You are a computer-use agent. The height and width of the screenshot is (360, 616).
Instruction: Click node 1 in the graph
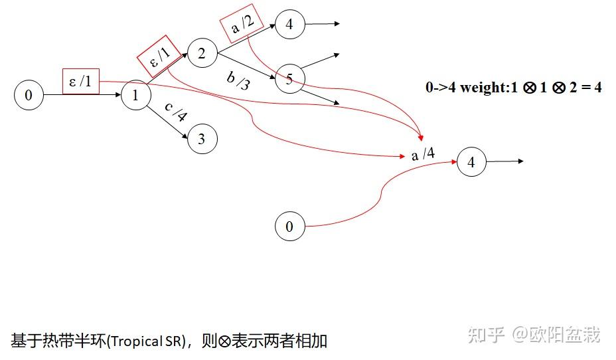(x=136, y=96)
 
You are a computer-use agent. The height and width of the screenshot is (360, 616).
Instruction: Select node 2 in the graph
(x=202, y=52)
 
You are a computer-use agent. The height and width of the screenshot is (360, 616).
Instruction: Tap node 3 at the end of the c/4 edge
(x=202, y=139)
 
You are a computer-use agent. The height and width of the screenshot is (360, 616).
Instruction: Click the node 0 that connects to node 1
(x=29, y=96)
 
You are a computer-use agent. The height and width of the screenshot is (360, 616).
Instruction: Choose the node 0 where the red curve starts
(x=289, y=226)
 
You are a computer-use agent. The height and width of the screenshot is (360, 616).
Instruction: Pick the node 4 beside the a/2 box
(x=289, y=25)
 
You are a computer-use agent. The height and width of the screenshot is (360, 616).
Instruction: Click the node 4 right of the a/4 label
(x=471, y=162)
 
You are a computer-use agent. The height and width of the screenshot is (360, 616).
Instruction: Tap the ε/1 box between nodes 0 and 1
(x=81, y=81)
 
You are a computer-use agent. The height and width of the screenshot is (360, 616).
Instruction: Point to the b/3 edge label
(x=239, y=79)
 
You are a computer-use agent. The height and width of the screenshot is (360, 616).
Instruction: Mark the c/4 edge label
(x=176, y=113)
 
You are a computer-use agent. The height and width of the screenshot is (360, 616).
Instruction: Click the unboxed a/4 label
(x=423, y=155)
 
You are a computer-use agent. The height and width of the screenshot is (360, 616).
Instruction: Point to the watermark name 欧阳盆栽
(x=564, y=335)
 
